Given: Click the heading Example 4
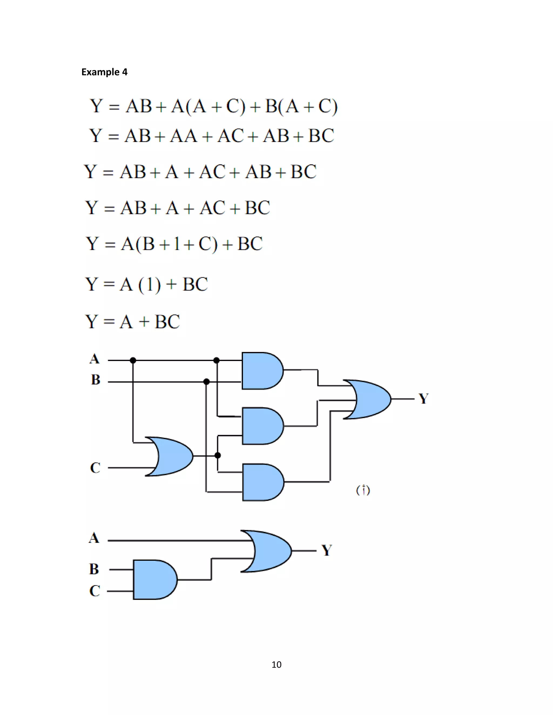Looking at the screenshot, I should click(104, 72).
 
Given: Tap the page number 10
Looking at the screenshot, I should click(276, 665).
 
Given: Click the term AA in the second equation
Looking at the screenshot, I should click(183, 136).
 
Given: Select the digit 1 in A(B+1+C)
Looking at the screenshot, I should click(177, 244).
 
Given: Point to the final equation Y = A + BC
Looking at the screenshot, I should click(133, 322).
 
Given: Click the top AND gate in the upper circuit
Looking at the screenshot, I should click(261, 371).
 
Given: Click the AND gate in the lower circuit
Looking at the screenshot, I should click(154, 580).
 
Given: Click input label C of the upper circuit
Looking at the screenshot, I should click(95, 468).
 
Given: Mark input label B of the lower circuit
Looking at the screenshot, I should click(94, 569).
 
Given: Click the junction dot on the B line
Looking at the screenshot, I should click(206, 382).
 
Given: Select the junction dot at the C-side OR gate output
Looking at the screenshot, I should click(218, 455).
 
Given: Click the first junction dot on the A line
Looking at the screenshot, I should click(133, 360).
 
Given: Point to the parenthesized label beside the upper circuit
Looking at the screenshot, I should click(363, 490).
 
